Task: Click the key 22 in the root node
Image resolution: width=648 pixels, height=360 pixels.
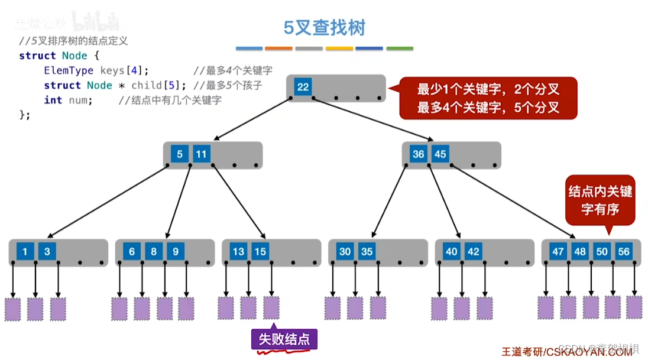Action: click(x=303, y=87)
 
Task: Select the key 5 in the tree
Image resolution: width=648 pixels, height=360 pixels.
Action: click(x=180, y=155)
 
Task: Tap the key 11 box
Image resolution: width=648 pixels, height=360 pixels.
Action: click(x=202, y=155)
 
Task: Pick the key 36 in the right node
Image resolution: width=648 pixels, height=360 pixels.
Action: click(x=419, y=154)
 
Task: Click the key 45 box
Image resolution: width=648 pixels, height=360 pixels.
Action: click(x=440, y=154)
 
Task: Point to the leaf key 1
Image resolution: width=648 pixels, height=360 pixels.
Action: click(x=25, y=252)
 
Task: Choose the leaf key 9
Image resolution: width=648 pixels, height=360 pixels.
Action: click(x=176, y=252)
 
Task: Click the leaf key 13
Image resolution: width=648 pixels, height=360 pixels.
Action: click(x=238, y=252)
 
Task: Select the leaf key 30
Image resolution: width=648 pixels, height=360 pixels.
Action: click(x=345, y=252)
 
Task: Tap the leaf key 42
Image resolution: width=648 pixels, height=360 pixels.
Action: click(x=474, y=252)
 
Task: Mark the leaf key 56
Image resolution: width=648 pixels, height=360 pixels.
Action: click(x=624, y=252)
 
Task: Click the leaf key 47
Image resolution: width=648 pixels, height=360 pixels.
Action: click(x=558, y=252)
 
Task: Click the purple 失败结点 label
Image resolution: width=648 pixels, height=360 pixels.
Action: click(x=284, y=339)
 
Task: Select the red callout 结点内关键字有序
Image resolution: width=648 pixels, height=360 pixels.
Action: click(x=600, y=200)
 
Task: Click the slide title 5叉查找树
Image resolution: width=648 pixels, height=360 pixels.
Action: click(x=324, y=27)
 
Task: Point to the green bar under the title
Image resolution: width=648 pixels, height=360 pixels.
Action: click(x=400, y=48)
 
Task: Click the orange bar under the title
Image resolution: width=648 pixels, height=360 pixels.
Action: click(x=279, y=48)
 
